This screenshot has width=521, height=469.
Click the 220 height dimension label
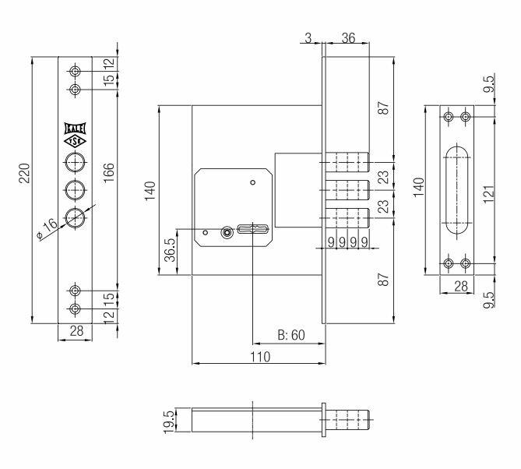pos(24,173)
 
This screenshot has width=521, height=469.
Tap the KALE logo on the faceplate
pos(75,129)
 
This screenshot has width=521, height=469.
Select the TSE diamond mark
pos(75,141)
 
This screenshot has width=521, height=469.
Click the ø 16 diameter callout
pos(48,229)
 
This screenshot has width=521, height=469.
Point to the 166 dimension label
pos(109,172)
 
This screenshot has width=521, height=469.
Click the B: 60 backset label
pos(291,335)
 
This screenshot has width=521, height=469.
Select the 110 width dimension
pos(260,357)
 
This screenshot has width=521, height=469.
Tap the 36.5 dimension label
pos(170,250)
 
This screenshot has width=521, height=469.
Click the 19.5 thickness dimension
pos(168,421)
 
